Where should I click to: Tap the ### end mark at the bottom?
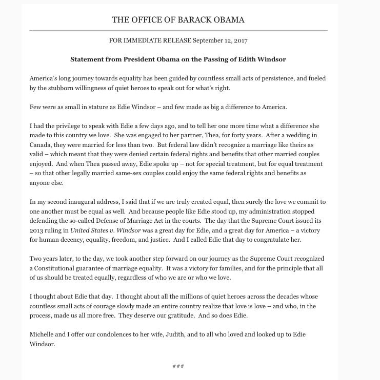point(178,367)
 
